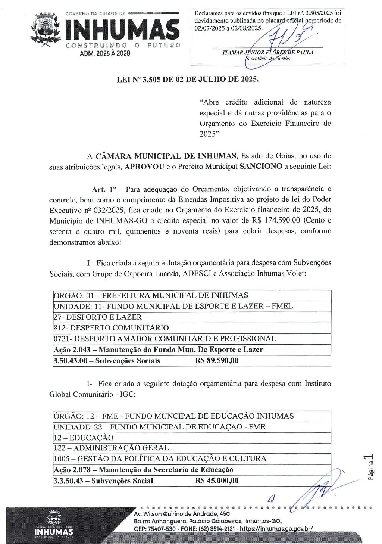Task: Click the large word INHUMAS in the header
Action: [122, 30]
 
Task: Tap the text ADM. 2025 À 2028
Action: [105, 53]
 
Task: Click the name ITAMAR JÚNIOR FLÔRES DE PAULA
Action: [267, 52]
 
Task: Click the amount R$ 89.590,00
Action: [217, 361]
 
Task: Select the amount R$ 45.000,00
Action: [217, 481]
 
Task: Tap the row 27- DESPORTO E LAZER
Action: [98, 317]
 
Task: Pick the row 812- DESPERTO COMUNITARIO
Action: [111, 328]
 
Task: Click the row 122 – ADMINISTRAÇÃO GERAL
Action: [111, 448]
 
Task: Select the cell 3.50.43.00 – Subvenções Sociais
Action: [107, 361]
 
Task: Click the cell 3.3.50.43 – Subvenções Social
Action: [103, 481]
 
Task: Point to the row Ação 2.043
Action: [158, 350]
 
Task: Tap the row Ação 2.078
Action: [143, 470]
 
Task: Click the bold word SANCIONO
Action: [261, 167]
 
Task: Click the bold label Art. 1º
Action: [104, 189]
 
